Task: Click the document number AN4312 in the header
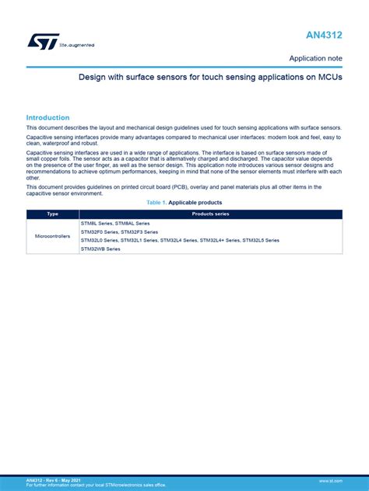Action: [324, 36]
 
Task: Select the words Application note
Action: [315, 58]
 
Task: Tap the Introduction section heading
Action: [48, 117]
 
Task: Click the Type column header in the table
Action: [52, 214]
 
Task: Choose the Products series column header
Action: [210, 214]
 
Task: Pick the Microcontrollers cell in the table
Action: [52, 235]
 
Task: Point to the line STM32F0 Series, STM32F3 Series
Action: [119, 232]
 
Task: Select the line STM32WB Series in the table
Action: [100, 249]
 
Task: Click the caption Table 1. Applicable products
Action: [184, 202]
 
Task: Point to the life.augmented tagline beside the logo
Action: [77, 45]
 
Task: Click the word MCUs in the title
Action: [329, 78]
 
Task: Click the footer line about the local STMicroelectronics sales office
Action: [96, 485]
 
